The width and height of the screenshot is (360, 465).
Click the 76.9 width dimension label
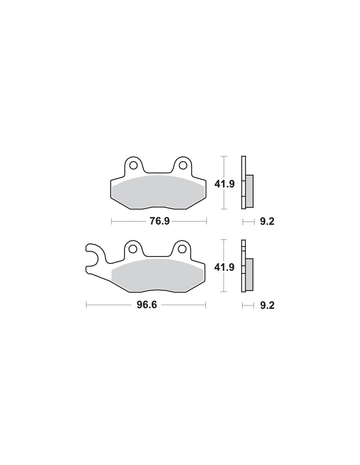pos(160,221)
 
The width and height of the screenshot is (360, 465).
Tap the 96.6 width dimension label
pos(147,305)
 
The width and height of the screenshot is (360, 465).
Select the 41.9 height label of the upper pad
pos(225,184)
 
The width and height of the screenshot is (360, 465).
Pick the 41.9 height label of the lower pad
pos(225,267)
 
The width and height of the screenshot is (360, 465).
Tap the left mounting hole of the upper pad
pos(133,165)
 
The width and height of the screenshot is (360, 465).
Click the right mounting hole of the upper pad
pos(182,165)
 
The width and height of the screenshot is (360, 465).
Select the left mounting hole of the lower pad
pos(133,249)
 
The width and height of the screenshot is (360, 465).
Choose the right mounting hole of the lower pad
pos(182,249)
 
